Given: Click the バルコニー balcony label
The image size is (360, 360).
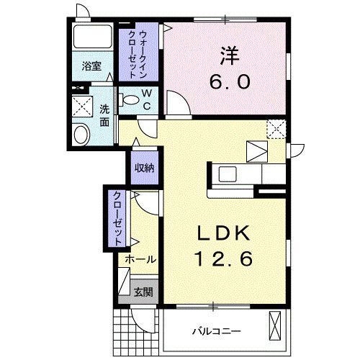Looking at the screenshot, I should pyautogui.click(x=216, y=331).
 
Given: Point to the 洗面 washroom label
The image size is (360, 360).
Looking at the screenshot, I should pyautogui.click(x=104, y=116).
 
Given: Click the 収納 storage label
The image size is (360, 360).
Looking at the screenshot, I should pyautogui.click(x=144, y=168).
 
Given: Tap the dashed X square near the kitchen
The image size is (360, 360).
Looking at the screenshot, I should pyautogui.click(x=277, y=128).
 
